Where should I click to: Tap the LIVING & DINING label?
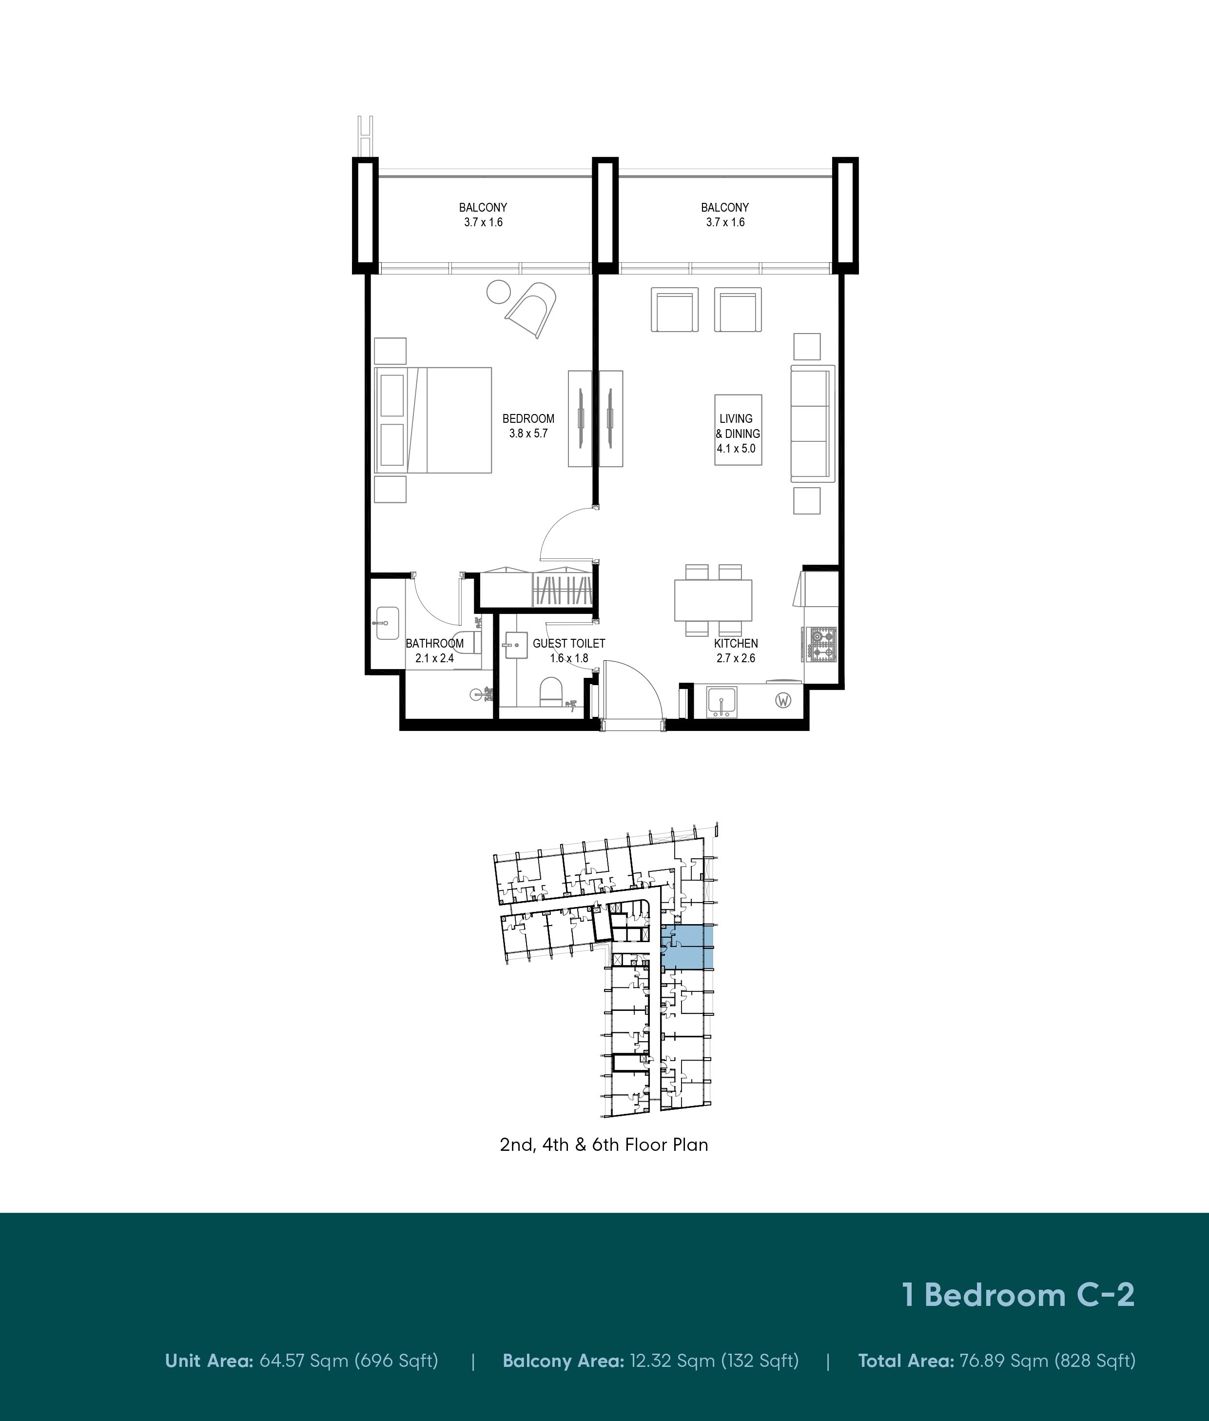pyautogui.click(x=738, y=426)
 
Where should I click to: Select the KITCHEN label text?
pyautogui.click(x=736, y=644)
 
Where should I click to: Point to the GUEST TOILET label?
pyautogui.click(x=569, y=644)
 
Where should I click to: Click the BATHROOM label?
pyautogui.click(x=434, y=644)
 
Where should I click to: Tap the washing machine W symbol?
pyautogui.click(x=783, y=701)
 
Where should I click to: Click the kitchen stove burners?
pyautogui.click(x=820, y=644)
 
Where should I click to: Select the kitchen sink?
pyautogui.click(x=721, y=701)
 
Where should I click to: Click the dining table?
pyautogui.click(x=713, y=600)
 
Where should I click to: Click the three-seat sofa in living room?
pyautogui.click(x=813, y=423)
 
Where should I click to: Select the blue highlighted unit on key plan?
pyautogui.click(x=687, y=946)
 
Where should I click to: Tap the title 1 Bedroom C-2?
pyautogui.click(x=1018, y=1295)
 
